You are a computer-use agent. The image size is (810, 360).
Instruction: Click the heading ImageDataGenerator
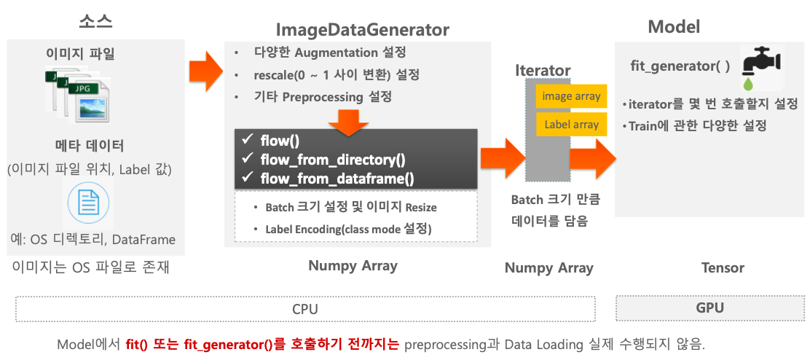(362, 30)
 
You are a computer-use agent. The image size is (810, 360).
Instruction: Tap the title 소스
(95, 20)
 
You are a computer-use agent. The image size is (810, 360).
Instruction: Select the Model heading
(674, 27)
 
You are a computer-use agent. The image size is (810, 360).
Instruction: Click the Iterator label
(543, 71)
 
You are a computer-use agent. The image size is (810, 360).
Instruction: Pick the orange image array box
(571, 96)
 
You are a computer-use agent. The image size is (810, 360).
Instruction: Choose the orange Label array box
(571, 125)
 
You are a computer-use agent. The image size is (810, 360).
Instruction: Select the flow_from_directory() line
(333, 159)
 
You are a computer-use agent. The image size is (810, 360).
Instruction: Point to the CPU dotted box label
(304, 309)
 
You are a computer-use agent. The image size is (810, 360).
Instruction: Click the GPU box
(709, 308)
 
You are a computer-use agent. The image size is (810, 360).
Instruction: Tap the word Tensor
(722, 267)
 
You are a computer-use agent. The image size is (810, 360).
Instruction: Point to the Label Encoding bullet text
(348, 229)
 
